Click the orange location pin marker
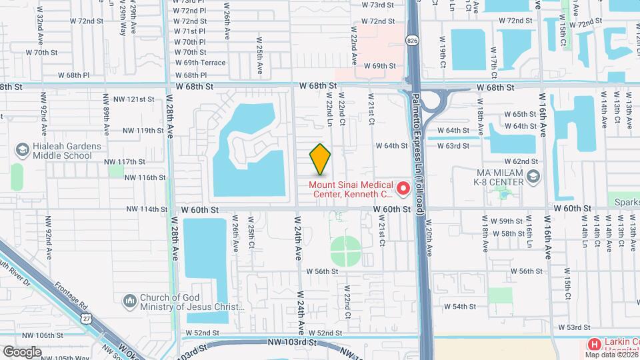[x=320, y=159]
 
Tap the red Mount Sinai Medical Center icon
[x=403, y=189]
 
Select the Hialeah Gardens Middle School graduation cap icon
[x=23, y=149]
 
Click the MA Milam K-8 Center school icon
[x=533, y=177]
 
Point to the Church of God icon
[x=129, y=301]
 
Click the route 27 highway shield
[x=87, y=319]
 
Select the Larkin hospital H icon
[x=593, y=344]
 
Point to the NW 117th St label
[x=125, y=161]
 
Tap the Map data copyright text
[x=611, y=354]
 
